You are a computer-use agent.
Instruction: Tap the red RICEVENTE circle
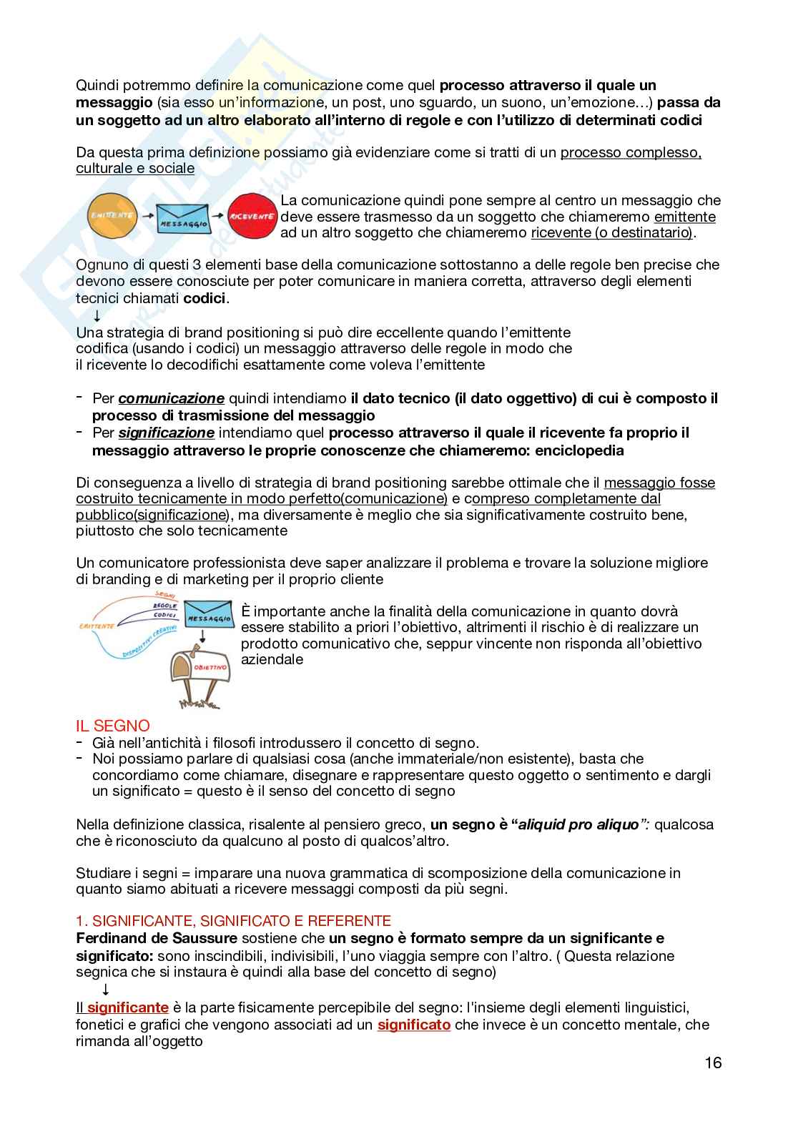pos(252,216)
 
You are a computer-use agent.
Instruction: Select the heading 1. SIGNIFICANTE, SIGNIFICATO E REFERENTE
pos(233,921)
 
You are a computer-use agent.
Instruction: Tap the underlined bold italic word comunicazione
pos(172,398)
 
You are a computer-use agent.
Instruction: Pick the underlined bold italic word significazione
pos(166,433)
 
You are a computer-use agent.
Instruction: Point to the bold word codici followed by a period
pos(205,298)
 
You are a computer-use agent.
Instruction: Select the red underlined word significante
pos(128,1008)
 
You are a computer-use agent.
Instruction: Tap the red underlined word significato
pos(414,1025)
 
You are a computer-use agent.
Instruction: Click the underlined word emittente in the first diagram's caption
pos(685,217)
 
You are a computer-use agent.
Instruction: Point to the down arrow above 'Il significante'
pos(105,990)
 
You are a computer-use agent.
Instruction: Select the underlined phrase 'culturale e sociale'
pos(135,169)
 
